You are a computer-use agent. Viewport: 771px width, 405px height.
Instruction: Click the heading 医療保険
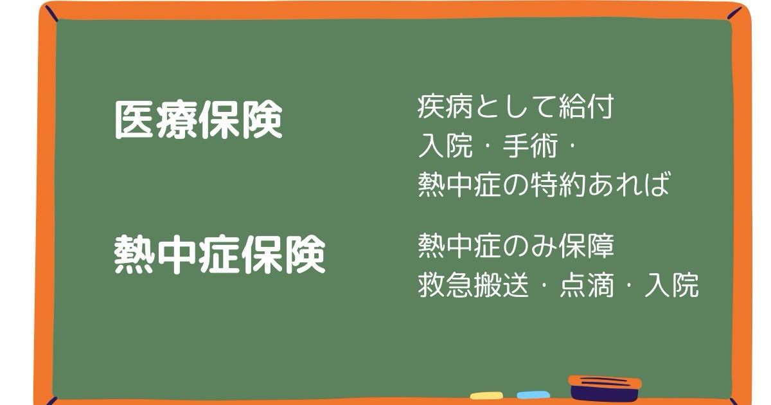tap(199, 120)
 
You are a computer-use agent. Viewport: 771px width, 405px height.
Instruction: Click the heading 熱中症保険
tap(220, 254)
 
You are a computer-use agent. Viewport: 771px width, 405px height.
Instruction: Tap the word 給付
tap(586, 107)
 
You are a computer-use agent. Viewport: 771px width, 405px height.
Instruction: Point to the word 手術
tap(530, 146)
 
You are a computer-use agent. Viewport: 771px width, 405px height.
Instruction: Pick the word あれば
tap(628, 184)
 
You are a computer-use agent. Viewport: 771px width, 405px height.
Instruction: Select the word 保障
tap(586, 246)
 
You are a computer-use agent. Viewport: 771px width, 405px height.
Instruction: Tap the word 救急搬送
tap(474, 285)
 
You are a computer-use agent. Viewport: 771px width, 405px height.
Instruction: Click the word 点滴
tap(587, 285)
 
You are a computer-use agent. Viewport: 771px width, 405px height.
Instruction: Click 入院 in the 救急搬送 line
tap(671, 285)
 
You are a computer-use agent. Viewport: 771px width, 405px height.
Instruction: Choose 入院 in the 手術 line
tap(445, 146)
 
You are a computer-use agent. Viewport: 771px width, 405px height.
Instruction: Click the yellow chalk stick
tap(486, 395)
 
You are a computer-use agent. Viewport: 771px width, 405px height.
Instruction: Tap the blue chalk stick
tap(533, 395)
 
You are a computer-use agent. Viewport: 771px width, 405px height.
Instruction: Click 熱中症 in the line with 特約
tap(459, 184)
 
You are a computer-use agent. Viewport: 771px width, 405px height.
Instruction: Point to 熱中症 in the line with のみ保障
tap(459, 246)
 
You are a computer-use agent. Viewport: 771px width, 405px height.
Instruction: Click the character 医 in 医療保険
tap(134, 120)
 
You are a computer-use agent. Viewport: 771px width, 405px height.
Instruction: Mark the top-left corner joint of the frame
tap(51, 13)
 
